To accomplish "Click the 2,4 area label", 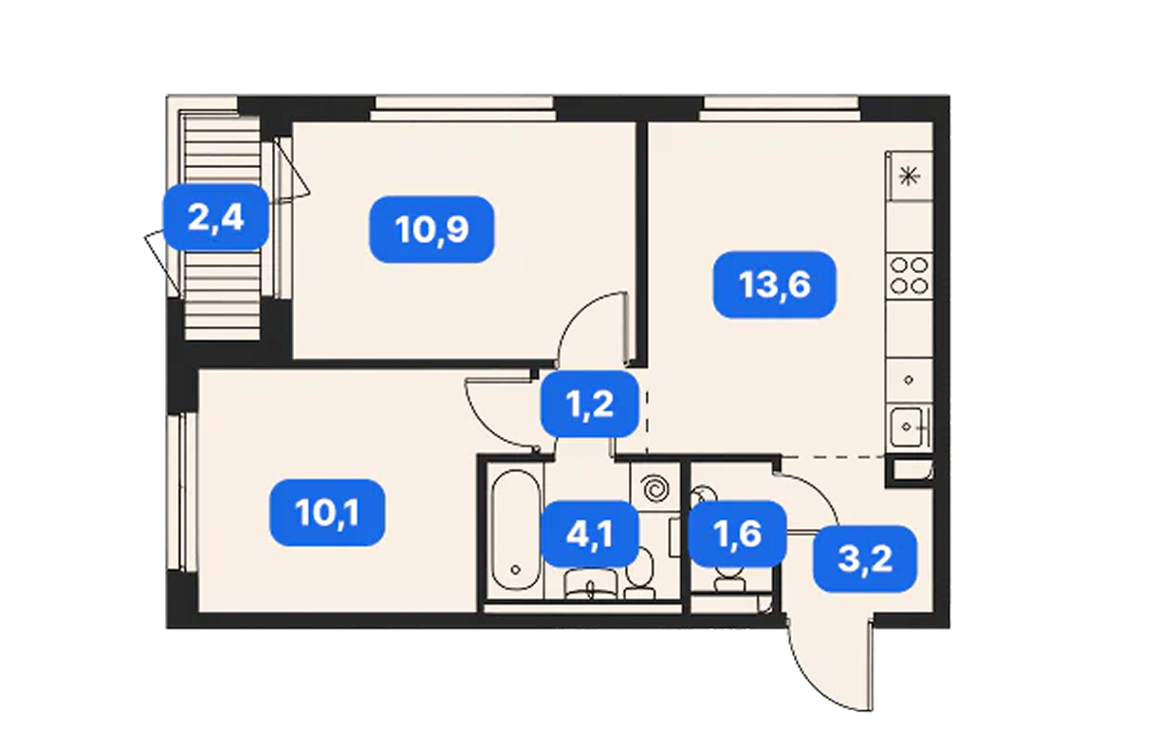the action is point(216,217).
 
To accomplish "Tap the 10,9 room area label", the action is point(432,229).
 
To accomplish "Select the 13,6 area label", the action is point(775,284).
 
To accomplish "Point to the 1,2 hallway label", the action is point(590,404).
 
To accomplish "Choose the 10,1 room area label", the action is point(327,513).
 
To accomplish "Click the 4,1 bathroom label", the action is point(590,534).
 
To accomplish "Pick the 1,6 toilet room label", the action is point(738,534).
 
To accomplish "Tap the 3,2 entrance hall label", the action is point(865,559).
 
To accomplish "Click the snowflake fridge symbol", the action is point(909,176).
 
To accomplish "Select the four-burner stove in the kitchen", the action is point(909,276).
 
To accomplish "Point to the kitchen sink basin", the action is point(906,427).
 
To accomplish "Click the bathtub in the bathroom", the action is point(515,530).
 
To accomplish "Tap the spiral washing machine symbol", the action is point(654,488).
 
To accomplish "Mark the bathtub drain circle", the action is point(515,570).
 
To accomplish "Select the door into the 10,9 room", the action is point(592,326).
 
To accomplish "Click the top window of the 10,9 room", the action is point(464,108).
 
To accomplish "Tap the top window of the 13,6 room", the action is point(780,108).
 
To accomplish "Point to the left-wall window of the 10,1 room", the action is point(181,491).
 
